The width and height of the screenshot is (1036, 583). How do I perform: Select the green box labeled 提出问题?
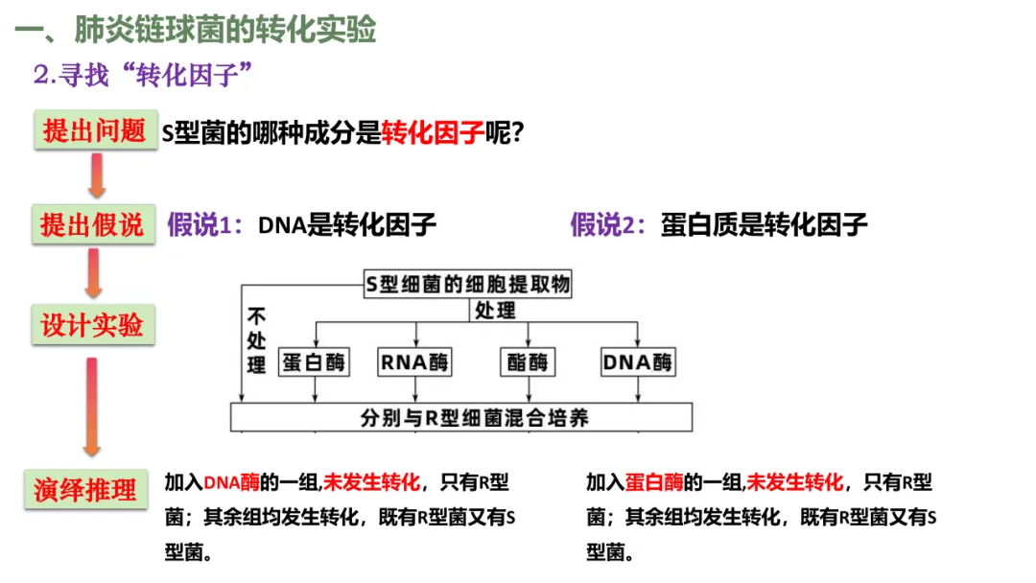coord(95,131)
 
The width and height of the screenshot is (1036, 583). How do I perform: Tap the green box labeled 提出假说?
coord(92,225)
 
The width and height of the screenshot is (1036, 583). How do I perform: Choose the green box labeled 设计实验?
coord(92,325)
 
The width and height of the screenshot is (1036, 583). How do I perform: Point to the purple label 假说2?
coord(609,225)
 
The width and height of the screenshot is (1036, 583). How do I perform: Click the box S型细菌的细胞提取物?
coord(468,284)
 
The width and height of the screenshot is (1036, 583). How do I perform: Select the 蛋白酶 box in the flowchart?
coord(314,362)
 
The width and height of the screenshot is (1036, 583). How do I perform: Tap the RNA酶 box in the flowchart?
coord(414,362)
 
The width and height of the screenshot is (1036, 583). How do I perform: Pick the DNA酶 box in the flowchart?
coord(638,362)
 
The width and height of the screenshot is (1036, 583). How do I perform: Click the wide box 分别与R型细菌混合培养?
coord(460,417)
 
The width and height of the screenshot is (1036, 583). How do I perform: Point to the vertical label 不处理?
coord(256,340)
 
